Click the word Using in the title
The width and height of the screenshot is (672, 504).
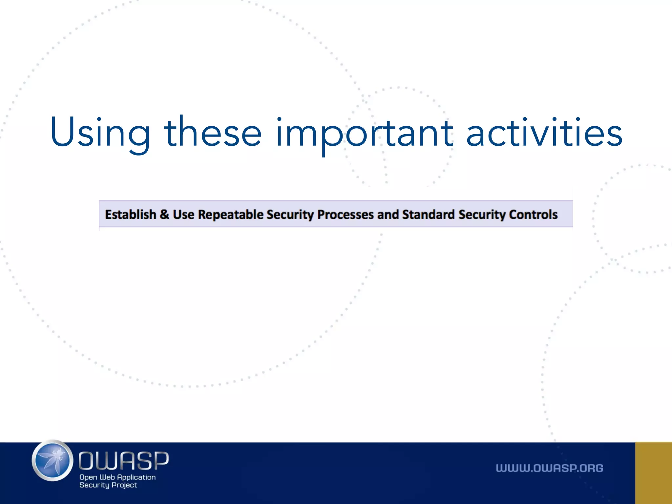[100, 133]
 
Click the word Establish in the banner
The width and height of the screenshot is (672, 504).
[131, 215]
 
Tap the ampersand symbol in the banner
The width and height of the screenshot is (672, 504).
[164, 215]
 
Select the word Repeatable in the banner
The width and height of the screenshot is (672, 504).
[231, 215]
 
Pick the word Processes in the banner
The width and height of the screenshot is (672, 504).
[345, 215]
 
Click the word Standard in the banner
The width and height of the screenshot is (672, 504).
[428, 215]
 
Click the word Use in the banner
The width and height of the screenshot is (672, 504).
[183, 215]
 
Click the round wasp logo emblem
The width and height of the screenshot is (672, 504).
[52, 461]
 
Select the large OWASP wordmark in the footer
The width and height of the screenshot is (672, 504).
[123, 460]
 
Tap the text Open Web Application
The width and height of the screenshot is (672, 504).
[117, 477]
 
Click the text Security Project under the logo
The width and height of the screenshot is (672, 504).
[108, 485]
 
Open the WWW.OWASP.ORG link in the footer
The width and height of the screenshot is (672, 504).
[549, 468]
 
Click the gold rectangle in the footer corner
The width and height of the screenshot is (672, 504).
[653, 473]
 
